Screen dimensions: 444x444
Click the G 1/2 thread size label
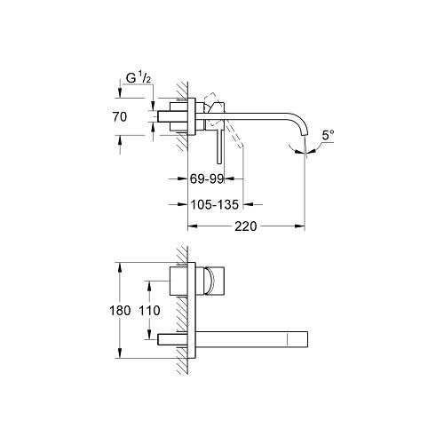tap(139, 78)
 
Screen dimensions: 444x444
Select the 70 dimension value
tap(120, 117)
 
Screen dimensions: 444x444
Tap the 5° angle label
tap(328, 135)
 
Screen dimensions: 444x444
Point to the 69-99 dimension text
tap(207, 178)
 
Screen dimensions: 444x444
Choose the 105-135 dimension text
tap(214, 204)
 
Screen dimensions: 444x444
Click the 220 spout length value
tap(246, 226)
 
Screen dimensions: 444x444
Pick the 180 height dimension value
tap(120, 311)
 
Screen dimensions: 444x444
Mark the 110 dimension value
tap(149, 311)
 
